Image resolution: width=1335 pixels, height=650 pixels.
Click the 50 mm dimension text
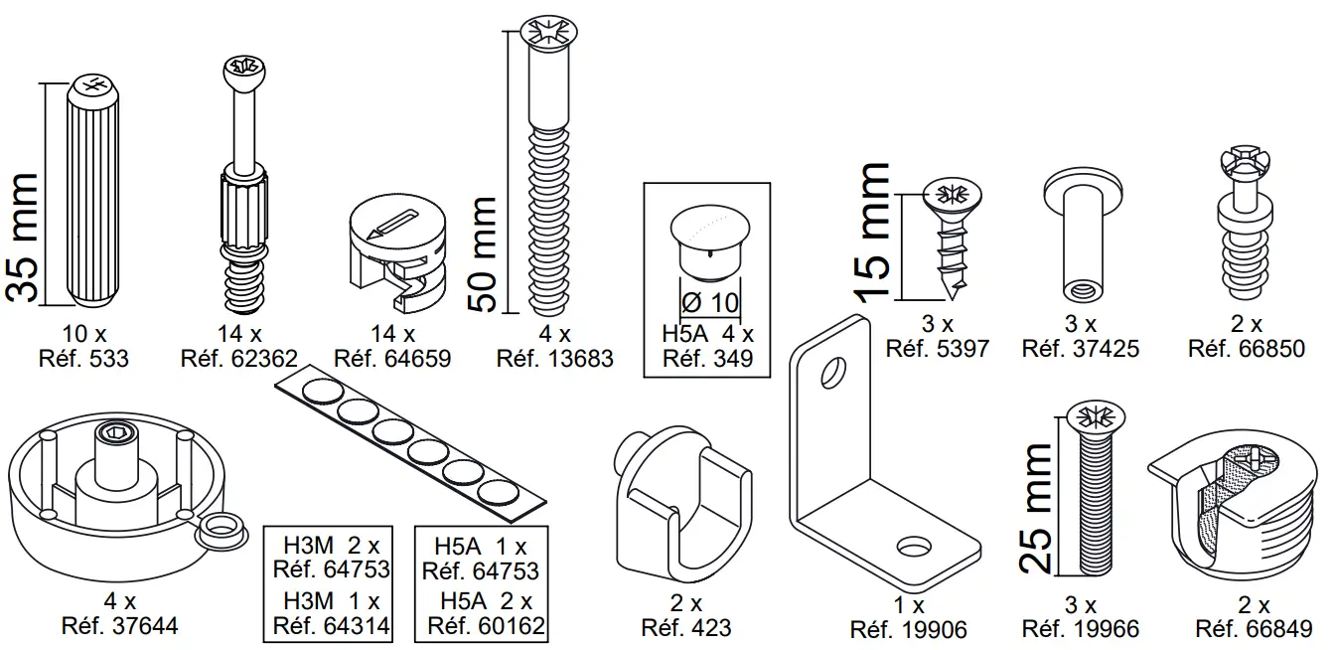(x=484, y=253)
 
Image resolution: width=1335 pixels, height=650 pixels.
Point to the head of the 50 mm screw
(x=548, y=31)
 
